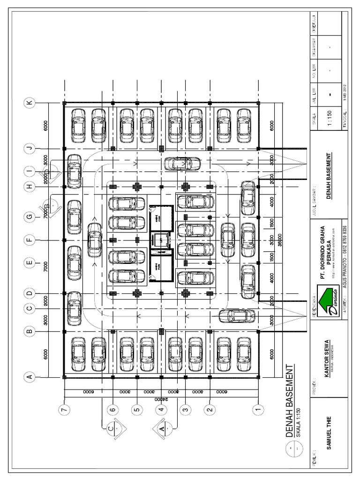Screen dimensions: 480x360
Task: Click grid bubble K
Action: [x=30, y=103]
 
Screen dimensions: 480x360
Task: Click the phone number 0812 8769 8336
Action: [x=345, y=238]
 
